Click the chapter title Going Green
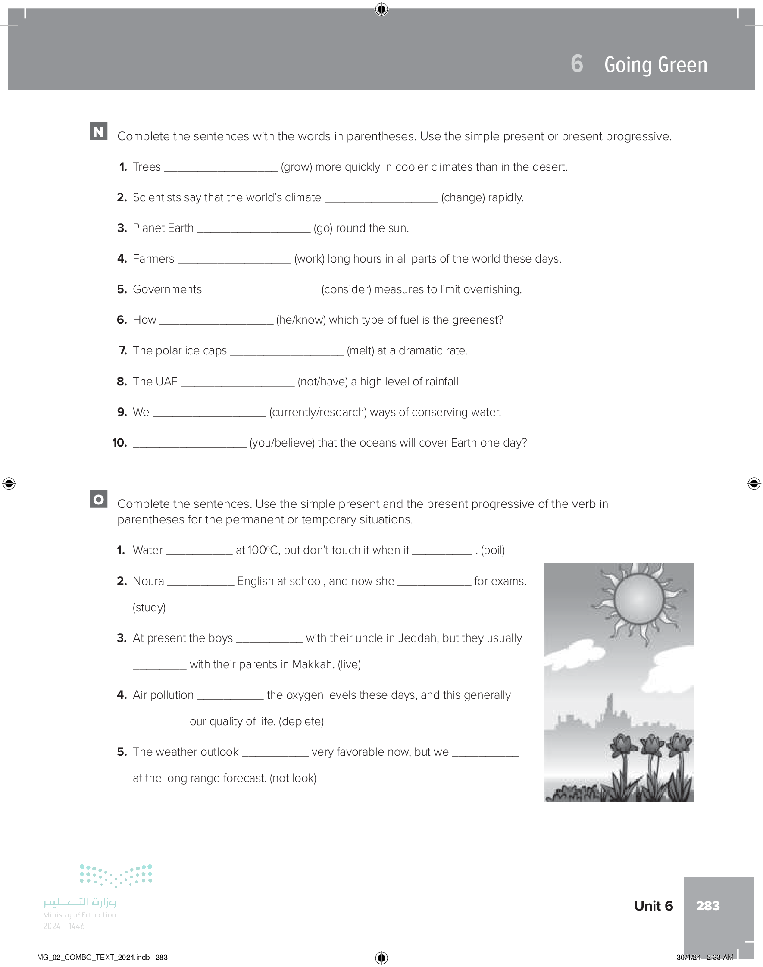pos(655,65)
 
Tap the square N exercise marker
pos(98,131)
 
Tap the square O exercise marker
pos(98,499)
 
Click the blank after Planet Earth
pos(253,228)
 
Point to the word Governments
pos(167,289)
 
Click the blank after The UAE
pos(237,382)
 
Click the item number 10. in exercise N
pos(119,443)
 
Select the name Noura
pos(148,581)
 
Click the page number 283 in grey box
pos(707,905)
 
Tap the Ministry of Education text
pos(79,915)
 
